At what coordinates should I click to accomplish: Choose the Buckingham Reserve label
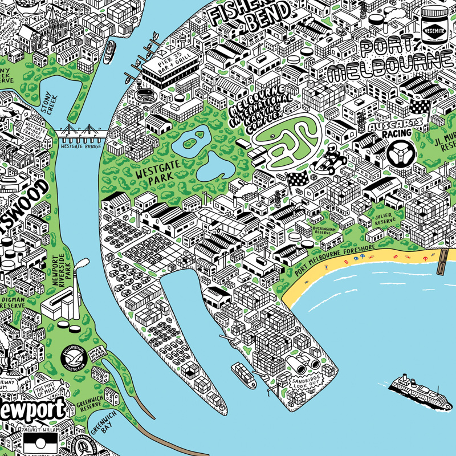pyautogui.click(x=325, y=231)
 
